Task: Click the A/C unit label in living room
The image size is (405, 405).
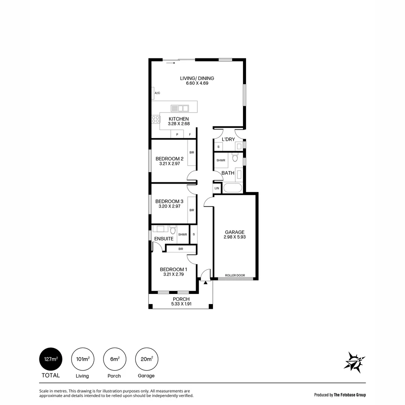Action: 157,93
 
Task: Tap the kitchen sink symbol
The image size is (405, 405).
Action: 180,108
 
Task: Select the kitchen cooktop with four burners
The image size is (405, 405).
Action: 156,119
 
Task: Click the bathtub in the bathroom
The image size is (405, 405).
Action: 232,187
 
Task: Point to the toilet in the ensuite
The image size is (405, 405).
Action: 172,229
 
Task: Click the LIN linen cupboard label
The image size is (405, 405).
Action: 217,188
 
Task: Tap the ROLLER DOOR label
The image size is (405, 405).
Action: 235,275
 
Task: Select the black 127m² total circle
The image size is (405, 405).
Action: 51,359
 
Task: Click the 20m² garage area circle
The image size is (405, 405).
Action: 147,359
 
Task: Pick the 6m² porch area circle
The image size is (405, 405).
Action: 114,359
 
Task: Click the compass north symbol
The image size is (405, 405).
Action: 354,362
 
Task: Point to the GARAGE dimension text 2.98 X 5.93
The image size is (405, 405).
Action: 235,237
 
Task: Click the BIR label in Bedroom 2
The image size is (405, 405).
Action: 192,153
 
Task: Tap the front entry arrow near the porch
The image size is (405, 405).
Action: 205,282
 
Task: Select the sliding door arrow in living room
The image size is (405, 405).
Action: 171,63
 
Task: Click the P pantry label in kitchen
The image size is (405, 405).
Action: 177,134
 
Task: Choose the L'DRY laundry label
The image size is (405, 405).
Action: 228,139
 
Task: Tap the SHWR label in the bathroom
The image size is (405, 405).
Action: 220,160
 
